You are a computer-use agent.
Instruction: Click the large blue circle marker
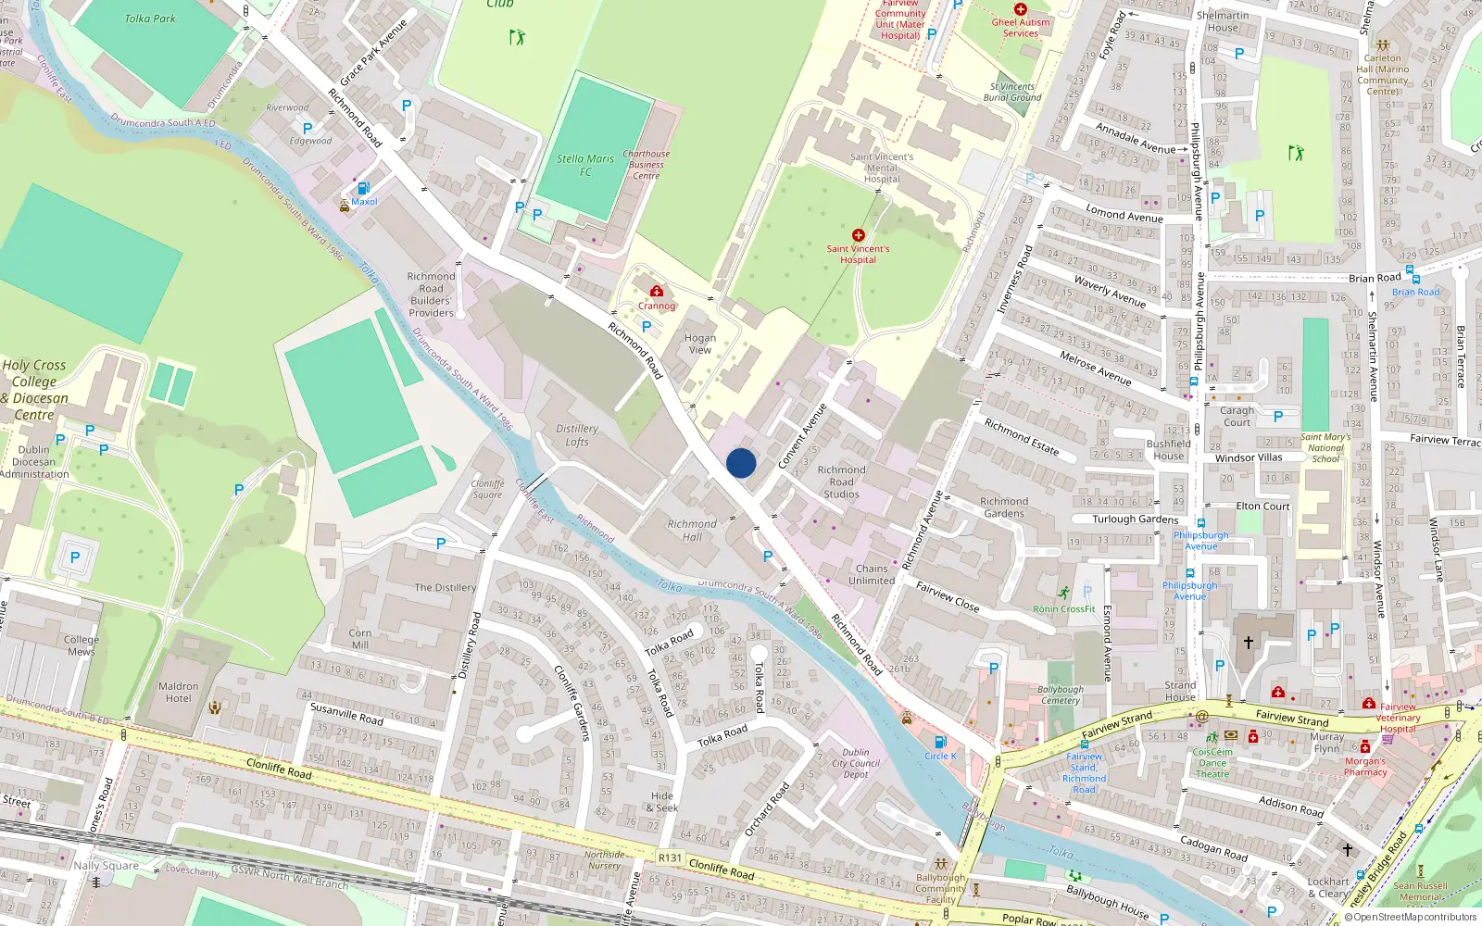click(x=741, y=463)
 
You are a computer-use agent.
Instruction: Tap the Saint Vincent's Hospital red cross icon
click(x=858, y=235)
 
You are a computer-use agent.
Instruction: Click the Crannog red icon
click(x=657, y=292)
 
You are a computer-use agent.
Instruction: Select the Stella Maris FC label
click(x=585, y=165)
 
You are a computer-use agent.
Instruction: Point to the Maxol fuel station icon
click(x=363, y=188)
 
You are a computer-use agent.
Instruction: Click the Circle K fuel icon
click(x=940, y=742)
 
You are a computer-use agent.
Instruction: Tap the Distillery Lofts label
click(x=576, y=435)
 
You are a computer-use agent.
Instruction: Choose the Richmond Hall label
click(x=692, y=530)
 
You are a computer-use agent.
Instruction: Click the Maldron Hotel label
click(x=179, y=693)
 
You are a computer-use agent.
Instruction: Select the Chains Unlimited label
click(x=872, y=574)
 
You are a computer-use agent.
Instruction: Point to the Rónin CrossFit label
click(x=1064, y=608)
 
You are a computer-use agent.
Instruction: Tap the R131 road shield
click(x=670, y=857)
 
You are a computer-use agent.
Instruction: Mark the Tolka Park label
click(x=150, y=19)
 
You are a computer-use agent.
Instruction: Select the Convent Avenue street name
click(x=801, y=436)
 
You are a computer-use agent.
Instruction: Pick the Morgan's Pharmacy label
click(x=1365, y=767)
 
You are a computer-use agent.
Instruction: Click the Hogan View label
click(x=700, y=344)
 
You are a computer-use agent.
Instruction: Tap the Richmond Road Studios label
click(x=841, y=482)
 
